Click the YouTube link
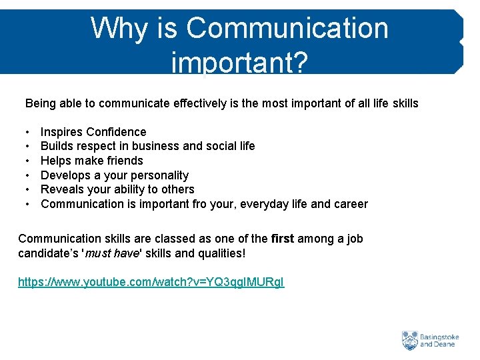coord(151,282)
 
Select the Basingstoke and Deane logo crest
coord(409,341)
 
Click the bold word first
coord(283,239)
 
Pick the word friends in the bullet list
coord(123,161)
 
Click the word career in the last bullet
coord(349,204)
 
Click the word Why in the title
coord(113,29)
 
